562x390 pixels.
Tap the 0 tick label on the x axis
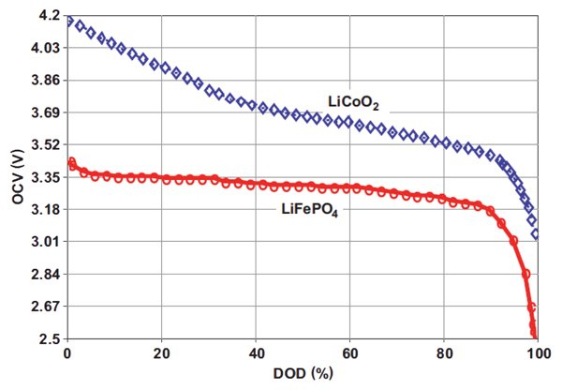coord(67,354)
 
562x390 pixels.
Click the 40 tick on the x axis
coord(256,354)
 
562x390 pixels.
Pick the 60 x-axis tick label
coord(349,354)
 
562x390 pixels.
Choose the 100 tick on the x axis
coord(537,354)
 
